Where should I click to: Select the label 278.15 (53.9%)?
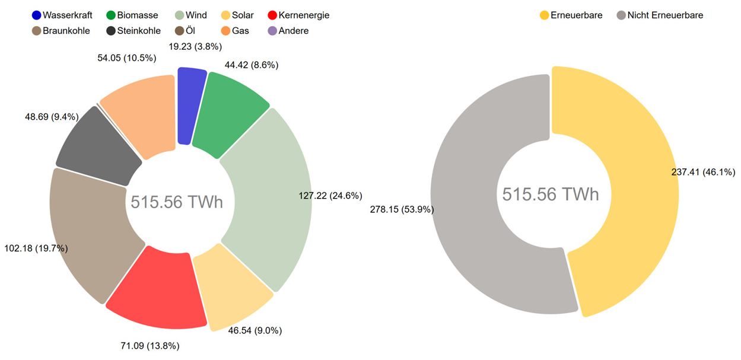point(402,209)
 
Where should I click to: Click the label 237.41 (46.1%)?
point(703,173)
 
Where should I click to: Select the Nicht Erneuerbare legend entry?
point(664,15)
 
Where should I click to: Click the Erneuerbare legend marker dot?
point(544,15)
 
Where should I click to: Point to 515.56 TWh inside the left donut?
point(177,202)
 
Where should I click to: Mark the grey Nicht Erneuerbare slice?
point(469,196)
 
